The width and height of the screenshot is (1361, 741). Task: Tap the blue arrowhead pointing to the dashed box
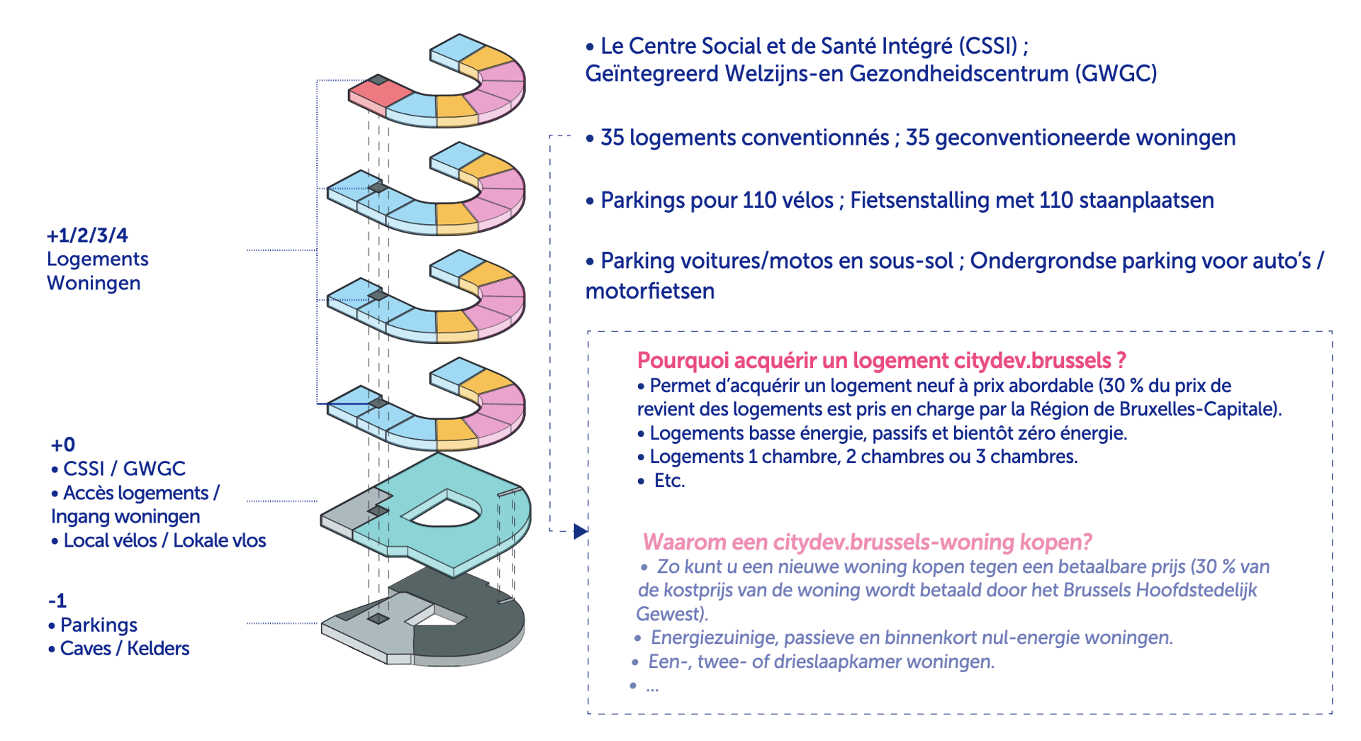click(581, 531)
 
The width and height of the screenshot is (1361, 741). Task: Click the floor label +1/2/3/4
click(87, 235)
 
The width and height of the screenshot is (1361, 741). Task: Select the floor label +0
click(62, 445)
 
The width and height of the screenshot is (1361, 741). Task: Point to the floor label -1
click(57, 601)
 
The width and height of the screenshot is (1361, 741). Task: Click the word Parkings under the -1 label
click(99, 625)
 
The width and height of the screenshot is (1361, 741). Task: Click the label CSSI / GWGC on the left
click(124, 469)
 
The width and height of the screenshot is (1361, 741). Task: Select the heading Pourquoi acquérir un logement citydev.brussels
click(881, 360)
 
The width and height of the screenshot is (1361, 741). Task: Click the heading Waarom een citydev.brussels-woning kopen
click(866, 542)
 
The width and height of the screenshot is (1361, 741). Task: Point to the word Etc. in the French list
click(669, 481)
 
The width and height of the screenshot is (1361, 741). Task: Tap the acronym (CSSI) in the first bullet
click(987, 46)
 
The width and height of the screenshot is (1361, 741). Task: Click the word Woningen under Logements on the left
click(94, 283)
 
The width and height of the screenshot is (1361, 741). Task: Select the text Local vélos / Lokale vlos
click(164, 540)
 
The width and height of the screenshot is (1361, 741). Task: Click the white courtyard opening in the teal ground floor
click(444, 513)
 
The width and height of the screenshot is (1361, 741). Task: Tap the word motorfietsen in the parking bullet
click(649, 291)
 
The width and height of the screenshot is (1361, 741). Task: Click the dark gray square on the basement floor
click(378, 619)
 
